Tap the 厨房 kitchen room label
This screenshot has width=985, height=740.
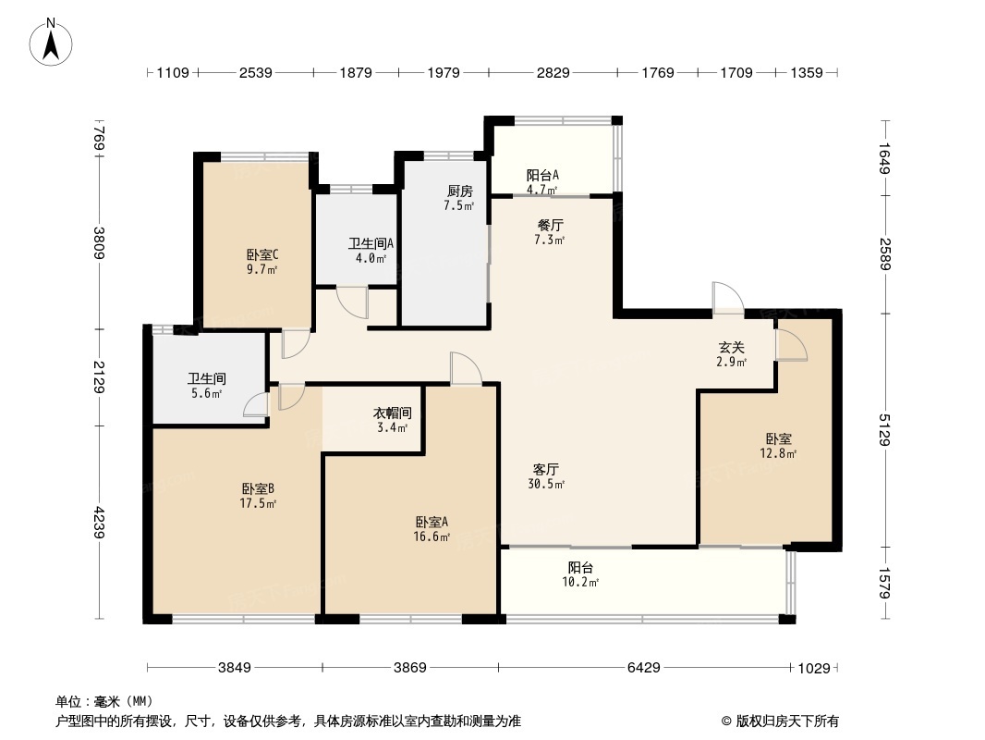click(x=460, y=198)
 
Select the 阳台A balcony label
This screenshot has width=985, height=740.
click(x=542, y=181)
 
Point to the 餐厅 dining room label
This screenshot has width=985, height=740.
click(x=551, y=231)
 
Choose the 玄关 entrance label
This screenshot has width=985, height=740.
click(x=732, y=354)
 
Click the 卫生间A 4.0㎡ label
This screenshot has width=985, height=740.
click(x=371, y=251)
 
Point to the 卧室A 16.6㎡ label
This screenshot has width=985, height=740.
click(x=432, y=528)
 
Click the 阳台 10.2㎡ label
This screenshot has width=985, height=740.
click(x=581, y=574)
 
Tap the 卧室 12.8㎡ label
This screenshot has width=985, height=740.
click(x=778, y=446)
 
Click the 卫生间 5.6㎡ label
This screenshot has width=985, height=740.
click(x=207, y=386)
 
